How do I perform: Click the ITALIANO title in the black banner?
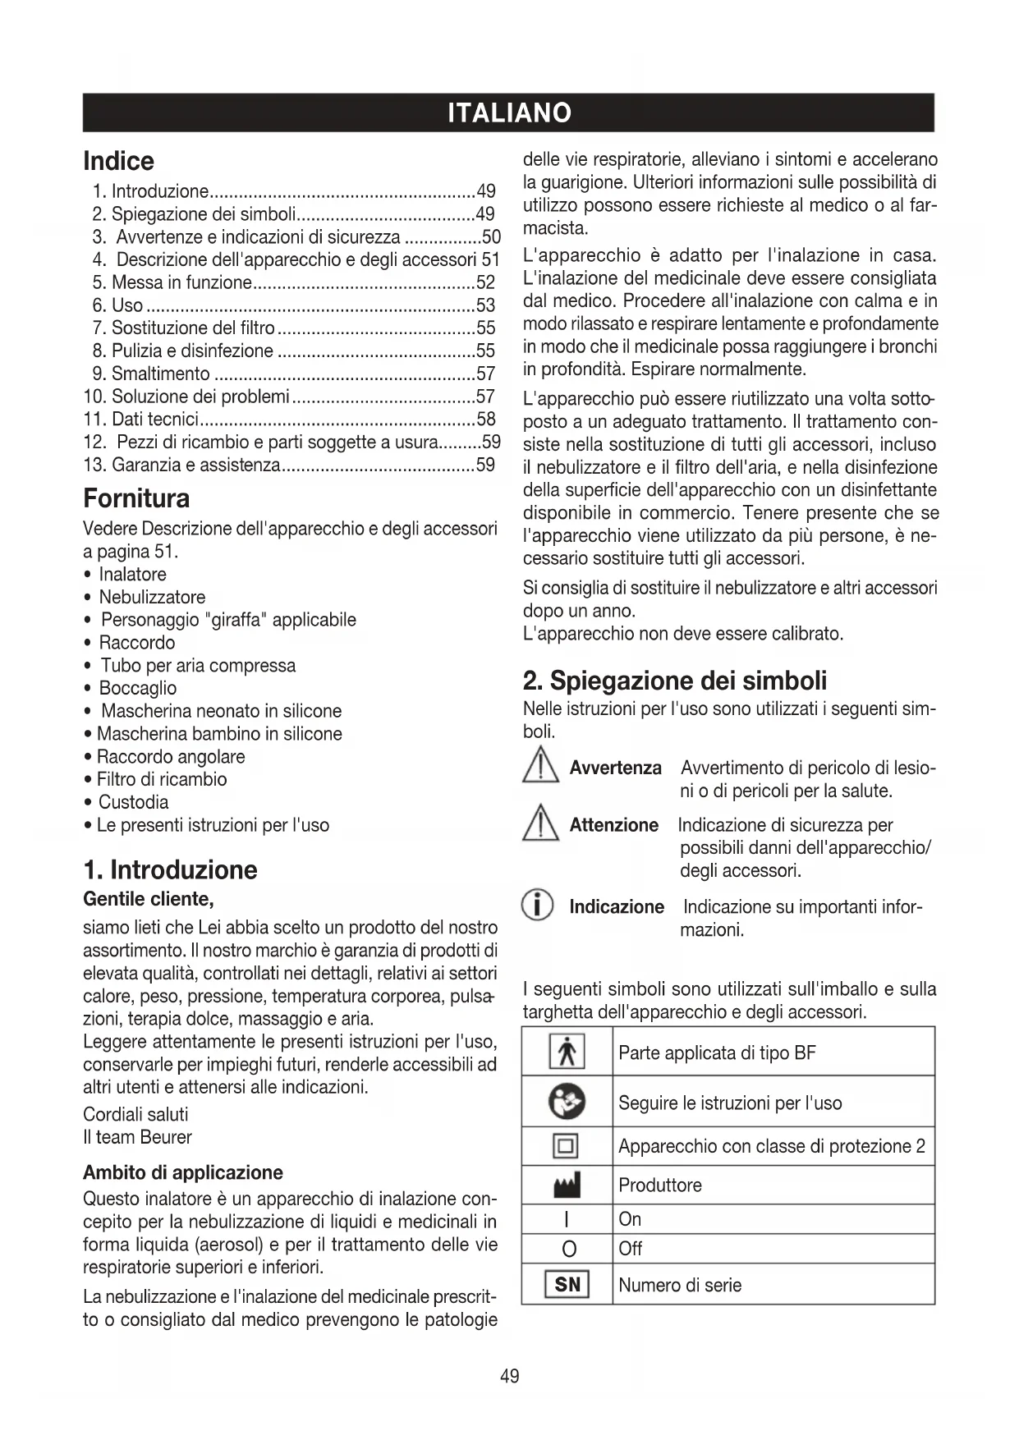coord(509,112)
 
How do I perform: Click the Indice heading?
coord(119,161)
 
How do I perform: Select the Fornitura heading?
coord(136,498)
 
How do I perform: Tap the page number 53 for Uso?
coord(486,305)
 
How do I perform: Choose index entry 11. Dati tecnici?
coord(141,420)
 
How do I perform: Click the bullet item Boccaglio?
coord(137,688)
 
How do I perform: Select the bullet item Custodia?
coord(133,802)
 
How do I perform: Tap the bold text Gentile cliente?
coord(149,899)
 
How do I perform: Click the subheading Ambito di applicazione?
coord(183,1172)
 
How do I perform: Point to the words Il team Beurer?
coord(137,1137)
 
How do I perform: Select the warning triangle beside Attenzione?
coord(539,823)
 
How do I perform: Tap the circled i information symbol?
coord(538,908)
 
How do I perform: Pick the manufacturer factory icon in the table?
coord(567,1185)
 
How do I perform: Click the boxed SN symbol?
coord(567,1285)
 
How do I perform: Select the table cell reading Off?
coord(631,1249)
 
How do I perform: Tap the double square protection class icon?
coord(567,1145)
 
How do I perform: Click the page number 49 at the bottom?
coord(509,1376)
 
